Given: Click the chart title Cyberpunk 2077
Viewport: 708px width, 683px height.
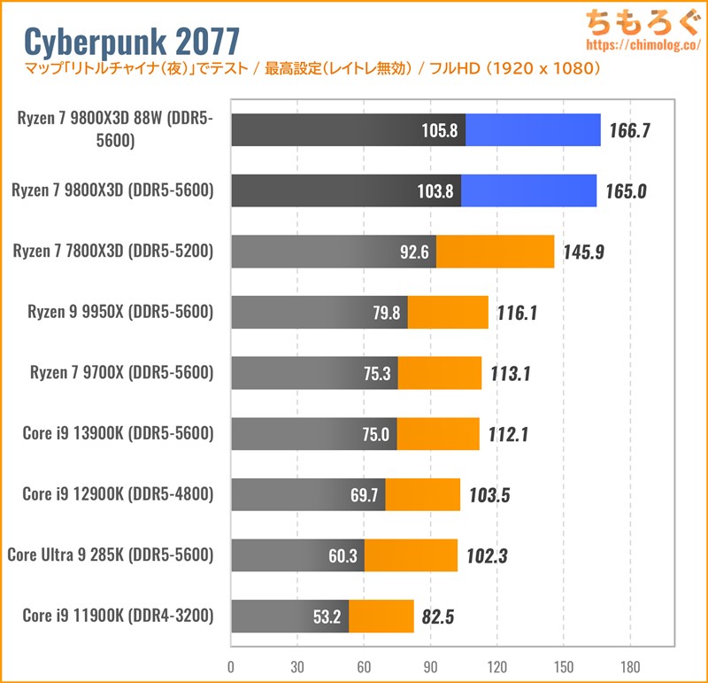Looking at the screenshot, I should (x=131, y=42).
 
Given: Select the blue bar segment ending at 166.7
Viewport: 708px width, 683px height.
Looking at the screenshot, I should (x=533, y=130).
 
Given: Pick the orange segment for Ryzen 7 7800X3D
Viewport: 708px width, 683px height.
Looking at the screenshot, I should (x=495, y=252).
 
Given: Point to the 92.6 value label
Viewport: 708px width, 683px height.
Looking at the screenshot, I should (x=414, y=252).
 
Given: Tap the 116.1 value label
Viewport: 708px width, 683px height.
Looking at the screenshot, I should (x=519, y=313).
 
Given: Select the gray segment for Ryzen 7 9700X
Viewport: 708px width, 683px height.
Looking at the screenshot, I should (x=314, y=373).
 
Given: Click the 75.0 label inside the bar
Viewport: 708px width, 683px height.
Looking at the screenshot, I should (x=373, y=434).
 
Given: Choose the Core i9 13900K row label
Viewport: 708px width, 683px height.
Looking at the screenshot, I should (x=118, y=434).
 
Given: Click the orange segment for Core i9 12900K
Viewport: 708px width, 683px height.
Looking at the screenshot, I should (x=423, y=494).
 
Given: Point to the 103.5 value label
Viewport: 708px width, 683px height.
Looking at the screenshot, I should (x=490, y=495).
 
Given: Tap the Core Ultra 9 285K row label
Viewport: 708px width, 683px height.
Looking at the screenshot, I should (x=111, y=555).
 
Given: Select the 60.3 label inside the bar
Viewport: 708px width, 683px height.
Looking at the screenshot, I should (x=342, y=555).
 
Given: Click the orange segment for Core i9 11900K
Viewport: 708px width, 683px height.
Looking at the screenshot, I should (x=381, y=616).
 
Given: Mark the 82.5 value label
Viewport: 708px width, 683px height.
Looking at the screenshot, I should (x=438, y=617).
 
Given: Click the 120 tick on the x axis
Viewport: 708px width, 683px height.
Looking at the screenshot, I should (x=496, y=667).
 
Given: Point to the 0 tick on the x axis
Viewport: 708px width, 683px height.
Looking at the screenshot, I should (x=231, y=667).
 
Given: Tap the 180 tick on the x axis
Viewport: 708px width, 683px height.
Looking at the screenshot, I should (x=629, y=667).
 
